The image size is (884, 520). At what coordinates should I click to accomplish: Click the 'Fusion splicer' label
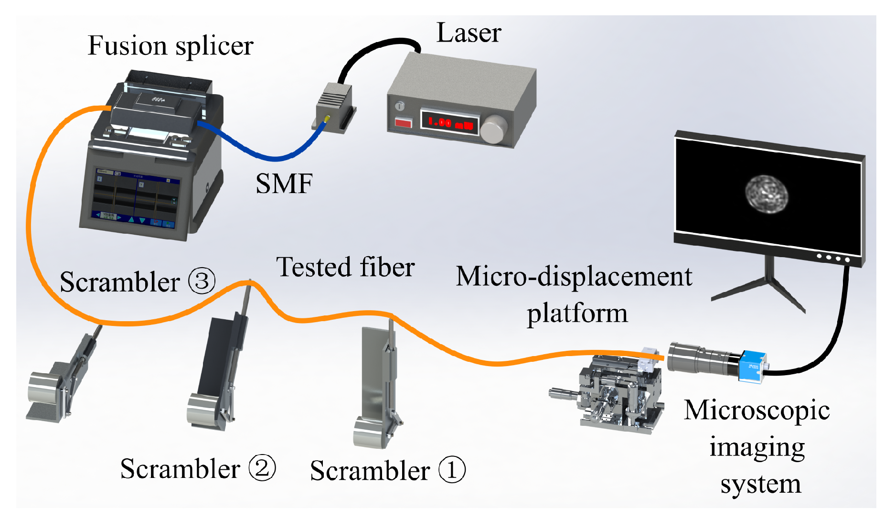pos(170,46)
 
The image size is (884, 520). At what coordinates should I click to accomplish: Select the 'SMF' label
pos(284,184)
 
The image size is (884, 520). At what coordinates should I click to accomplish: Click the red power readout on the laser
pos(449,122)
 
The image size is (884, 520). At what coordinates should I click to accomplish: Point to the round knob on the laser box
pos(494,129)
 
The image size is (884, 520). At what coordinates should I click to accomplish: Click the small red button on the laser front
pos(403,122)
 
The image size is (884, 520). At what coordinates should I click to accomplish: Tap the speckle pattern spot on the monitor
pos(766,194)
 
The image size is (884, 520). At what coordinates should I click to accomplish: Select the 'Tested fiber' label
pos(345,267)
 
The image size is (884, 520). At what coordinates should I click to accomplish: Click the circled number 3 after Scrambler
pos(202,281)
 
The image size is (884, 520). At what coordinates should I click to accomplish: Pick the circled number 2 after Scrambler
pos(262,468)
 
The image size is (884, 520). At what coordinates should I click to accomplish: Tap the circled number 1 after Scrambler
pos(451,470)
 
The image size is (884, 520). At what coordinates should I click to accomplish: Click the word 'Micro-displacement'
pos(574,277)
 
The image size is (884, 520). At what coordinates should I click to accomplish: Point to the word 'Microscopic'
pos(756,411)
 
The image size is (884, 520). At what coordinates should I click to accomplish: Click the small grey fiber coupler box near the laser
pos(334,105)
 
